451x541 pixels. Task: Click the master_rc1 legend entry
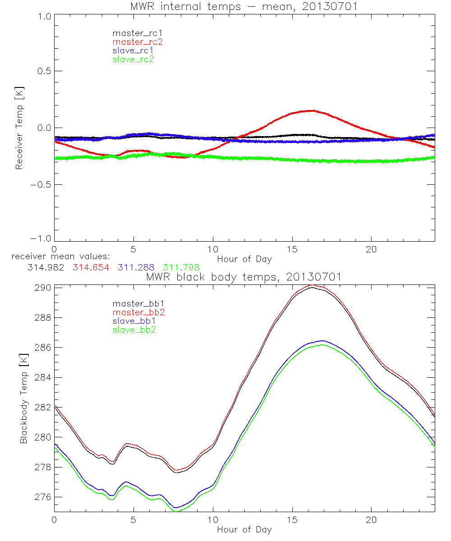pyautogui.click(x=133, y=33)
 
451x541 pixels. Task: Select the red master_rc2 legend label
pyautogui.click(x=137, y=41)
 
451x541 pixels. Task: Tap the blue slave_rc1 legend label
pyautogui.click(x=133, y=50)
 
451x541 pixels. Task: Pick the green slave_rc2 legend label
pyautogui.click(x=133, y=59)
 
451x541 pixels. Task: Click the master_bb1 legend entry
pyautogui.click(x=135, y=304)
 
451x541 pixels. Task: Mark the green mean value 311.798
pyautogui.click(x=181, y=267)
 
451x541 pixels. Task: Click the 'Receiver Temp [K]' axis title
pyautogui.click(x=19, y=128)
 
